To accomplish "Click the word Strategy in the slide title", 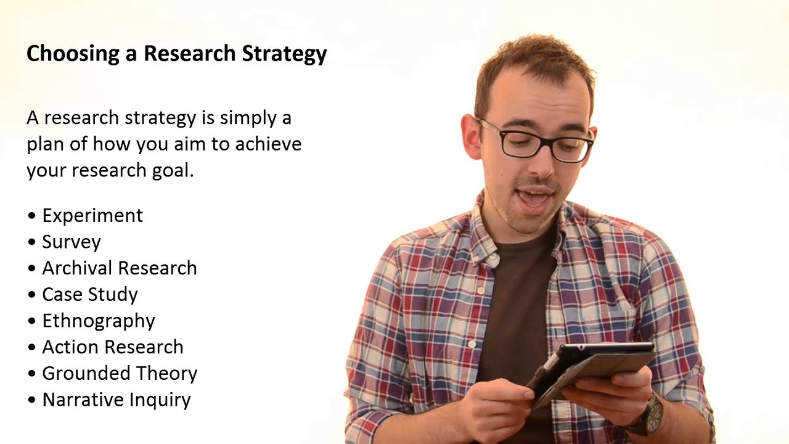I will pyautogui.click(x=284, y=54).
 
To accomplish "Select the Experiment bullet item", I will pyautogui.click(x=92, y=215).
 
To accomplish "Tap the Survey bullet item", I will pyautogui.click(x=71, y=242).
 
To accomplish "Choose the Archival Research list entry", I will pyautogui.click(x=119, y=268).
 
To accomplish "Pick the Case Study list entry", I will pyautogui.click(x=89, y=294).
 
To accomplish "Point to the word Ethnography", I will pyautogui.click(x=99, y=321).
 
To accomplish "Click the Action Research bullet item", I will pyautogui.click(x=112, y=347).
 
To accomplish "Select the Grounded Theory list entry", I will pyautogui.click(x=119, y=374).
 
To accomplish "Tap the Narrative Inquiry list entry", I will pyautogui.click(x=116, y=400).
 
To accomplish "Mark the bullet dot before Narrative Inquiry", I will pyautogui.click(x=32, y=400).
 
